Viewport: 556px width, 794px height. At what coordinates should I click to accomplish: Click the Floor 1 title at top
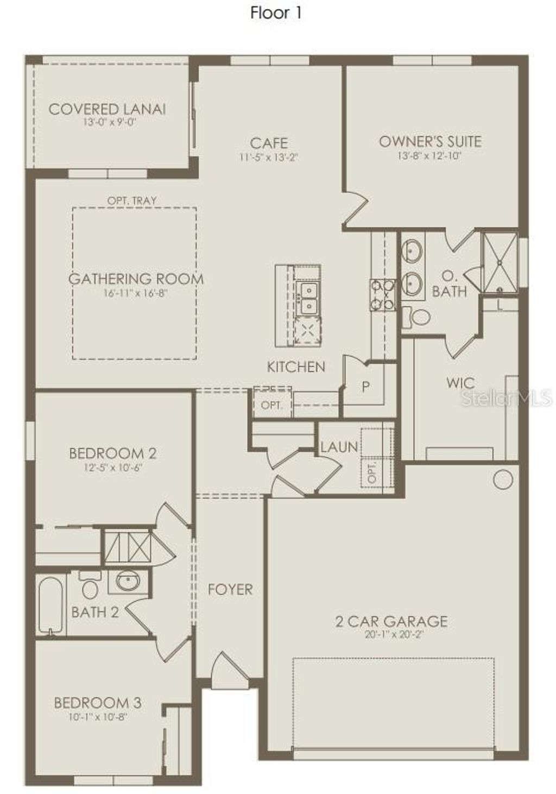click(x=275, y=13)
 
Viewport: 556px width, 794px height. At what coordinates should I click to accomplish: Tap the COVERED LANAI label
click(x=107, y=109)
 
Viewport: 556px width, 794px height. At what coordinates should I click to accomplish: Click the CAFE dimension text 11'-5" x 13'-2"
click(x=269, y=157)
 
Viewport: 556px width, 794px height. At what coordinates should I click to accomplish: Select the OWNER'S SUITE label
click(x=430, y=142)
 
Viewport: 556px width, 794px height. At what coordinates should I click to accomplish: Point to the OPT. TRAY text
click(x=132, y=200)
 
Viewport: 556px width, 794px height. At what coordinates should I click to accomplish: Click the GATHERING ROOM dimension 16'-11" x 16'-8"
click(x=136, y=293)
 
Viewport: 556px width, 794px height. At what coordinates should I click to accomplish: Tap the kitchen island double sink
click(x=307, y=298)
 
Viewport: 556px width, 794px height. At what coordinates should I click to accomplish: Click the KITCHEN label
click(x=296, y=367)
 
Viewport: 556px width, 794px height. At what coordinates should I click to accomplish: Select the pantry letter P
click(x=365, y=387)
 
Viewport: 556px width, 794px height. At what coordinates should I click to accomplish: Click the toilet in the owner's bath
click(x=418, y=317)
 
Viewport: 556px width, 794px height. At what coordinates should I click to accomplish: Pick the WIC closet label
click(x=460, y=383)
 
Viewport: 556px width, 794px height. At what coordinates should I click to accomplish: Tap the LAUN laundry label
click(x=339, y=448)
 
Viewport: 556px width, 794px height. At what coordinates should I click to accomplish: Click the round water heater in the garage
click(x=503, y=480)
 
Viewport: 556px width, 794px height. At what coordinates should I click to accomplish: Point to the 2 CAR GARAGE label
click(x=391, y=621)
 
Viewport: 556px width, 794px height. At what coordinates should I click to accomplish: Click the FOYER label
click(x=230, y=589)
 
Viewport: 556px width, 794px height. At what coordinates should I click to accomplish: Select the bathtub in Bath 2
click(x=50, y=606)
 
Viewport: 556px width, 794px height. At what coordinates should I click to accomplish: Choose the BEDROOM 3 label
click(x=98, y=703)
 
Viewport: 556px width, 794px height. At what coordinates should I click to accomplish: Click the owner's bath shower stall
click(x=500, y=263)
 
